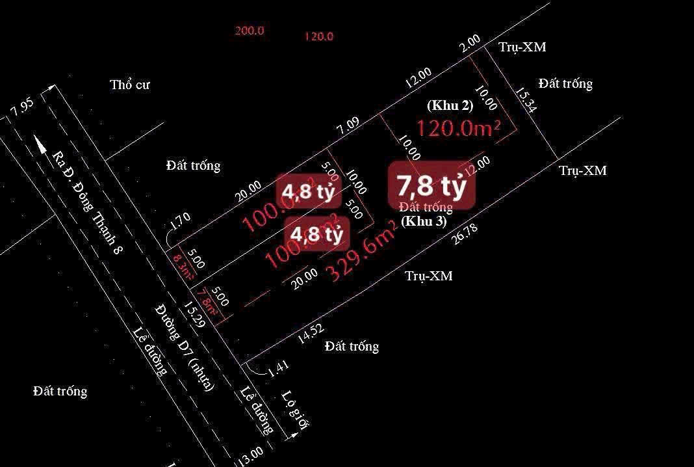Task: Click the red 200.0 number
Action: point(250,31)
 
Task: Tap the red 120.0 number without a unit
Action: point(318,36)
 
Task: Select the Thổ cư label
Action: point(130,85)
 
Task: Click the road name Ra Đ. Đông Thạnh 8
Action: point(88,202)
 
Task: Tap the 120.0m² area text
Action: point(458,128)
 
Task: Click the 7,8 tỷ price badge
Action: point(431,187)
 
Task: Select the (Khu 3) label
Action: point(423,220)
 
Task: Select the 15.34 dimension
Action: point(525,101)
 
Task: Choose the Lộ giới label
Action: point(296,410)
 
